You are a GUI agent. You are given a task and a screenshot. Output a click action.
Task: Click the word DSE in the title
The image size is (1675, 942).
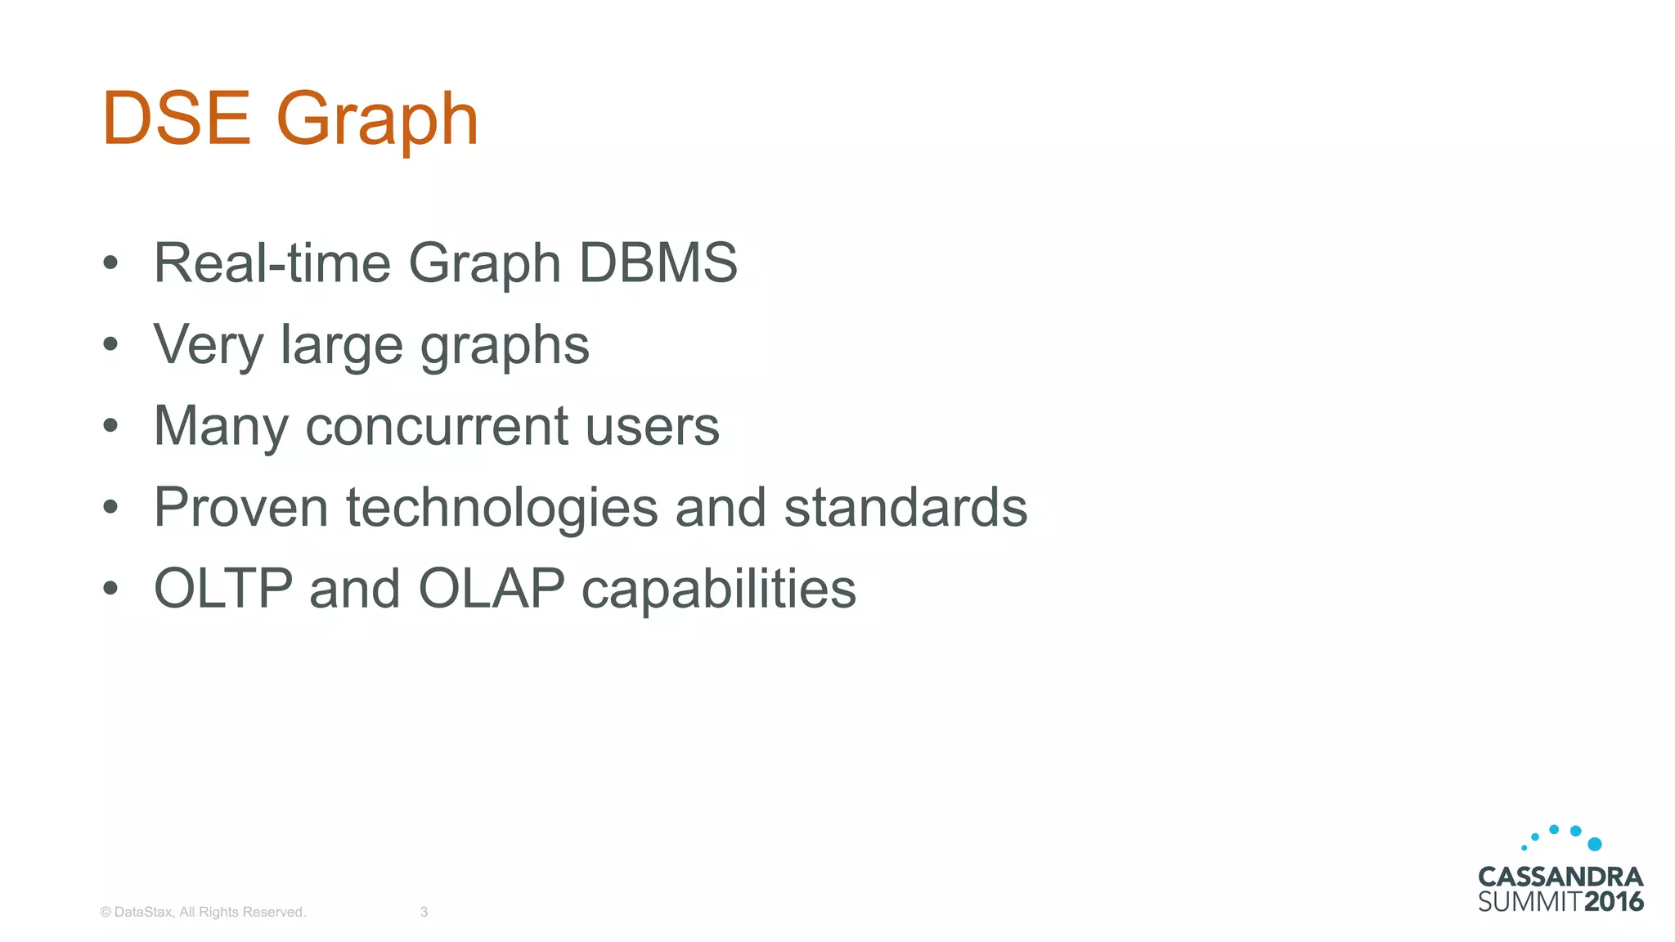(x=176, y=119)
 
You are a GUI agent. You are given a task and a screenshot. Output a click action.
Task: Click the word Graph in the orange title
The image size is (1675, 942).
(x=377, y=121)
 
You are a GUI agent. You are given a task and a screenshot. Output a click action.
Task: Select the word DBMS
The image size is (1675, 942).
(x=658, y=263)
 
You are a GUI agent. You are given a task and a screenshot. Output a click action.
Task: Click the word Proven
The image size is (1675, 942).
(x=240, y=508)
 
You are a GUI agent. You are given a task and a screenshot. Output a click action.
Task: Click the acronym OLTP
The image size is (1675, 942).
(x=223, y=589)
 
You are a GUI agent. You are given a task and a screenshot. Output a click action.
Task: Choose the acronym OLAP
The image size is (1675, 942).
(x=491, y=589)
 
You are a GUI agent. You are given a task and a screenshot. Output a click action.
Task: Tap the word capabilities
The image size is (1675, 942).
(x=718, y=590)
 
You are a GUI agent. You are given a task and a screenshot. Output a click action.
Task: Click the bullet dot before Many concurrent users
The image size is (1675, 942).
(x=110, y=426)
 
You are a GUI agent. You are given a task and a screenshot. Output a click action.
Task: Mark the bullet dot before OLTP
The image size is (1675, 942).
(x=110, y=589)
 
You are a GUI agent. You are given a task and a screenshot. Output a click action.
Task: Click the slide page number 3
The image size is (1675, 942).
(x=424, y=912)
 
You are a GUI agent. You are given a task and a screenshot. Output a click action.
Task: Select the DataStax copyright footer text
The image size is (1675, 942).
(x=203, y=912)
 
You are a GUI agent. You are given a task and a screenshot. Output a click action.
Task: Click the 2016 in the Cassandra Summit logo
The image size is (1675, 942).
(x=1614, y=902)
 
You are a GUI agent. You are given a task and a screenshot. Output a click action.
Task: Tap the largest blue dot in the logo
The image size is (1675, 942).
(x=1594, y=844)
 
